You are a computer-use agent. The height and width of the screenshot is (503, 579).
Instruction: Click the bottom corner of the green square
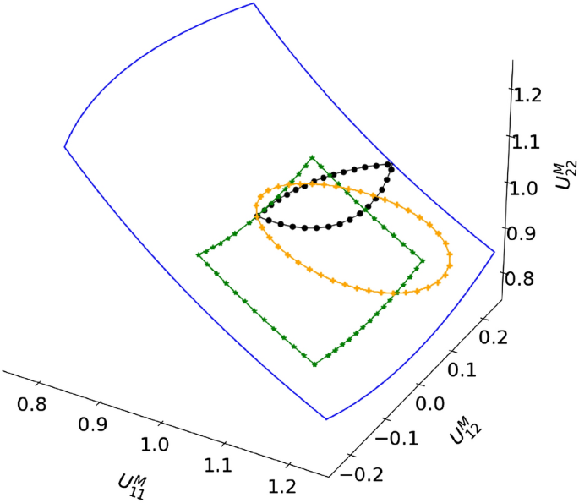(314, 364)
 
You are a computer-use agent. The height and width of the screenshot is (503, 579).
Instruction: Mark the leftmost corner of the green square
(198, 254)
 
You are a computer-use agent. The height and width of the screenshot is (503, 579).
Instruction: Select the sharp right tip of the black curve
(391, 164)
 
